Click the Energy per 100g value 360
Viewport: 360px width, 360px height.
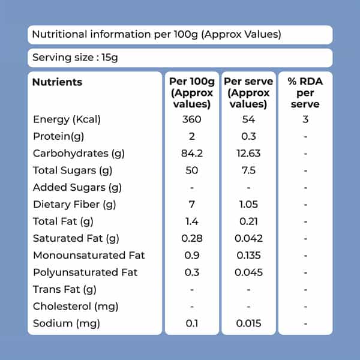tap(192, 119)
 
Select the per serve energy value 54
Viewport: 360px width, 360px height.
tap(248, 119)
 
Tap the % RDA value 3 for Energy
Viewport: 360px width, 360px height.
tap(305, 119)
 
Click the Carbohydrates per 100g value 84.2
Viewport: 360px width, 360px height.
tap(192, 154)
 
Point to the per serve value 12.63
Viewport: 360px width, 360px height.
tap(248, 154)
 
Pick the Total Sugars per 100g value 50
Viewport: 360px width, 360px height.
tap(192, 170)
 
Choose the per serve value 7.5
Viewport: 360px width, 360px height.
tap(248, 170)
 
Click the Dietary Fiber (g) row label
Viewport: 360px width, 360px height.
tap(74, 205)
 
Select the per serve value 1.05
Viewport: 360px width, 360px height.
tap(248, 205)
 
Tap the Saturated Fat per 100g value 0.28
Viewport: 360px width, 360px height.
tap(192, 238)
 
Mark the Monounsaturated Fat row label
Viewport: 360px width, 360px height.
tap(89, 256)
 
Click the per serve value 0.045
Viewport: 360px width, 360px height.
tap(248, 272)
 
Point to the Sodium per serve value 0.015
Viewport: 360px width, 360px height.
tap(248, 323)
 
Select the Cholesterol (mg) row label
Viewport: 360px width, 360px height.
tap(76, 307)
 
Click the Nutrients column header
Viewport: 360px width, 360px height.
tap(57, 82)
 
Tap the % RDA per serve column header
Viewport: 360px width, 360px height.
tap(305, 93)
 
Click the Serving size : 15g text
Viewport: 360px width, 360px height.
tap(75, 58)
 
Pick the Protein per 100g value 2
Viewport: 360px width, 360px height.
tap(192, 136)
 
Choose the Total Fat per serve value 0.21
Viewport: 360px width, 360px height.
tap(248, 221)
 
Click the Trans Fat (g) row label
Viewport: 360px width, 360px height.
tap(65, 290)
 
